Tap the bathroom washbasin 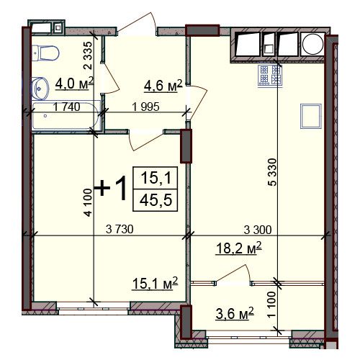[x=40, y=89]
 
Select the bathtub [x=66, y=116]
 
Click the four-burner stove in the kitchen [x=270, y=76]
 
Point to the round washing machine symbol [x=312, y=45]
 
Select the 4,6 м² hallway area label [x=163, y=86]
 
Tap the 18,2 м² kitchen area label [x=239, y=248]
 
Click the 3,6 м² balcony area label [x=235, y=313]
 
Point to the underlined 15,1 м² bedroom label [x=155, y=284]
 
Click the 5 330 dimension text [x=272, y=172]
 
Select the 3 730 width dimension [x=120, y=229]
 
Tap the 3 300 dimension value [x=258, y=230]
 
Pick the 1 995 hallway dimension [x=145, y=107]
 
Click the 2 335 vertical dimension [x=88, y=55]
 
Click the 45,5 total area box [x=156, y=200]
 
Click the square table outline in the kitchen [x=311, y=116]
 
